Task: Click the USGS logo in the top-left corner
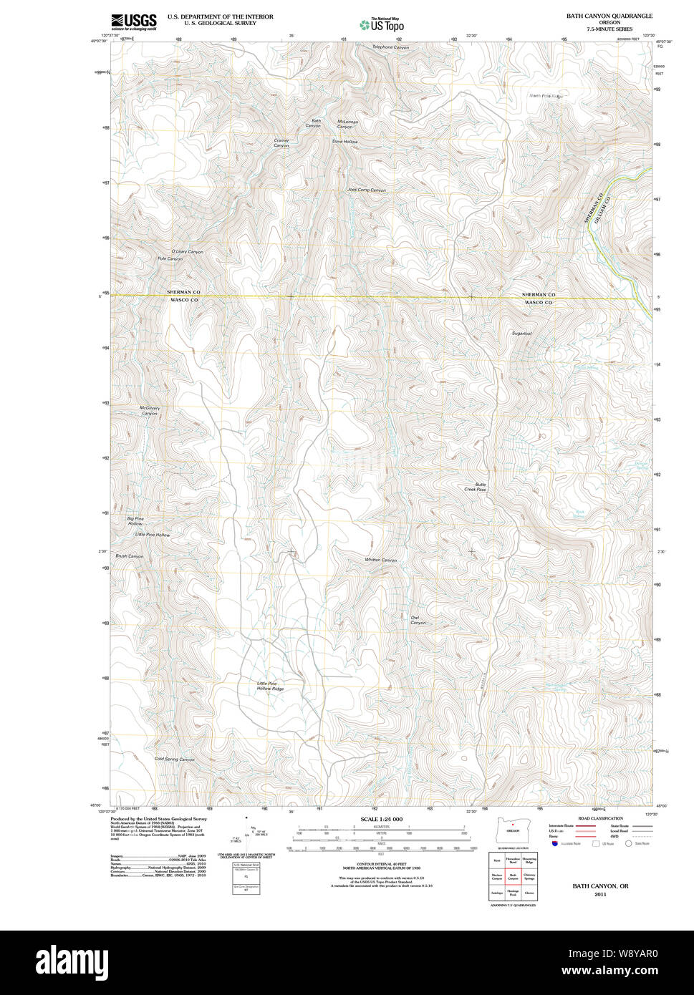click(133, 21)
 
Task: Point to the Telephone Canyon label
click(390, 47)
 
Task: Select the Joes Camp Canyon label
click(366, 190)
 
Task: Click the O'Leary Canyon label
click(187, 252)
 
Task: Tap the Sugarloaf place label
click(521, 334)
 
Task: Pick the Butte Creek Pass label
click(475, 487)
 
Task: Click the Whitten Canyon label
click(380, 560)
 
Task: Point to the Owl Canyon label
click(418, 620)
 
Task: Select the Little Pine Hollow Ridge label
click(270, 686)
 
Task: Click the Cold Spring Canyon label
click(174, 759)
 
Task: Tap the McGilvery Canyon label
click(149, 411)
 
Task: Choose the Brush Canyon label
click(130, 556)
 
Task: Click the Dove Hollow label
click(344, 142)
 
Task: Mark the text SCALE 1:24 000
click(381, 819)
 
